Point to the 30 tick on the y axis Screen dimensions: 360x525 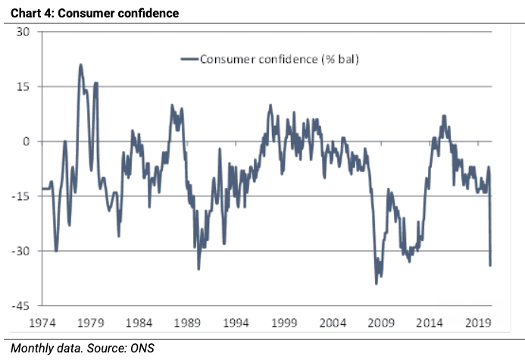23,32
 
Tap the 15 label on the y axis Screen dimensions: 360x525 23,86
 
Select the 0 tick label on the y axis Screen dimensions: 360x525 26,142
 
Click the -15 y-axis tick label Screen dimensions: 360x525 20,196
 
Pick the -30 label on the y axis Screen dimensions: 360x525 20,251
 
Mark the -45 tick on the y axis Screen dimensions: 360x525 20,305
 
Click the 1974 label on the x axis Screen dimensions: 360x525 44,322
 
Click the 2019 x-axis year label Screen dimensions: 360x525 478,322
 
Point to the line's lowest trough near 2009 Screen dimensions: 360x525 377,283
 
